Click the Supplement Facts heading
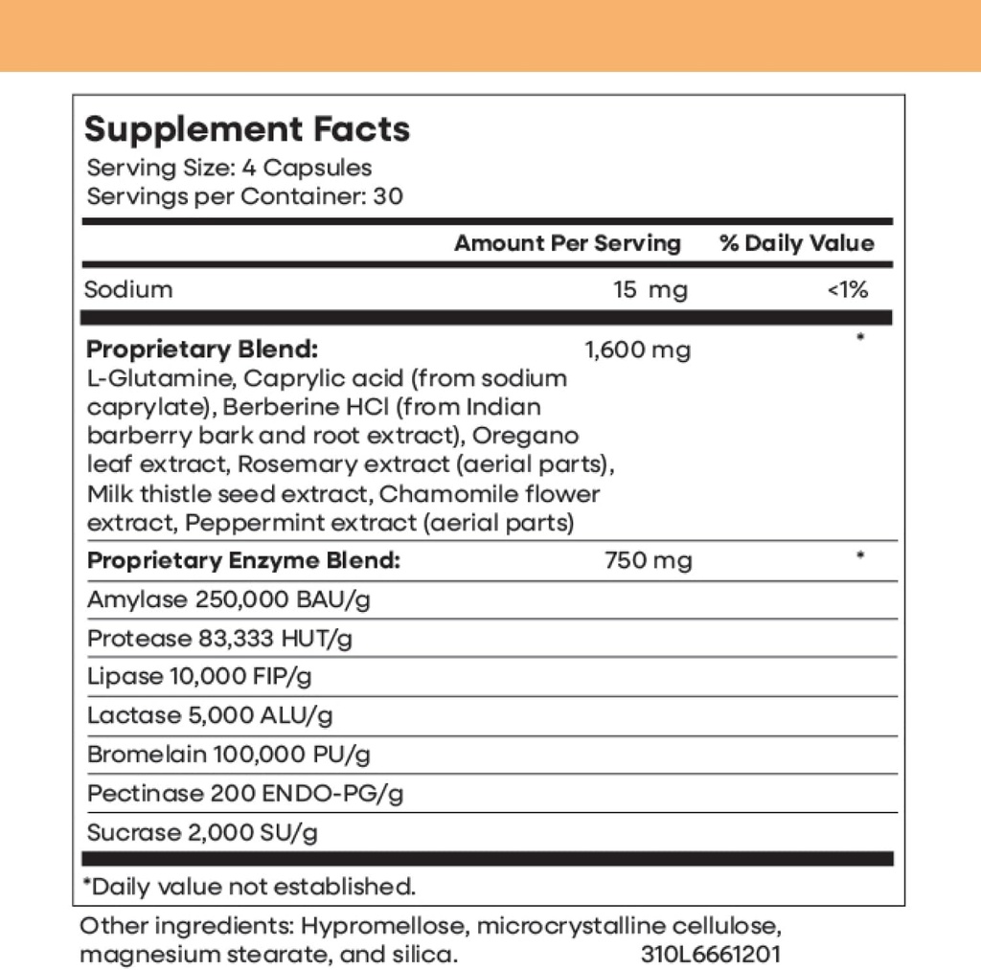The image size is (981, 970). (247, 129)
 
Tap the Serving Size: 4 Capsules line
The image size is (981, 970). (229, 168)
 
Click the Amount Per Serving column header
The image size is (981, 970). (567, 243)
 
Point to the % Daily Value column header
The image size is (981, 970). (797, 243)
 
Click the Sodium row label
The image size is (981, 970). (129, 289)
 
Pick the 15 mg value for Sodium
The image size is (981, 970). (650, 289)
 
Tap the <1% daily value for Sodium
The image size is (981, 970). (847, 289)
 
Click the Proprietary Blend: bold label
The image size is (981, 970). (202, 349)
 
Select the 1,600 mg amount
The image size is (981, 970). (637, 350)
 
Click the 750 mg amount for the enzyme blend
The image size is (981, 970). (648, 560)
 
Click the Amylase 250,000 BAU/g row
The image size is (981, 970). (228, 600)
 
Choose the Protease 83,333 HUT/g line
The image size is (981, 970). (219, 639)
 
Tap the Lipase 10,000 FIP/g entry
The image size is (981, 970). (199, 677)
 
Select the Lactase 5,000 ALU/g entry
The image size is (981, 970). (210, 715)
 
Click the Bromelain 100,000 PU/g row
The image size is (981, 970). (229, 755)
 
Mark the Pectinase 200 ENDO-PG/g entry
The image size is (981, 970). (245, 794)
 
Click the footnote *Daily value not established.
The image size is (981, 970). (250, 886)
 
